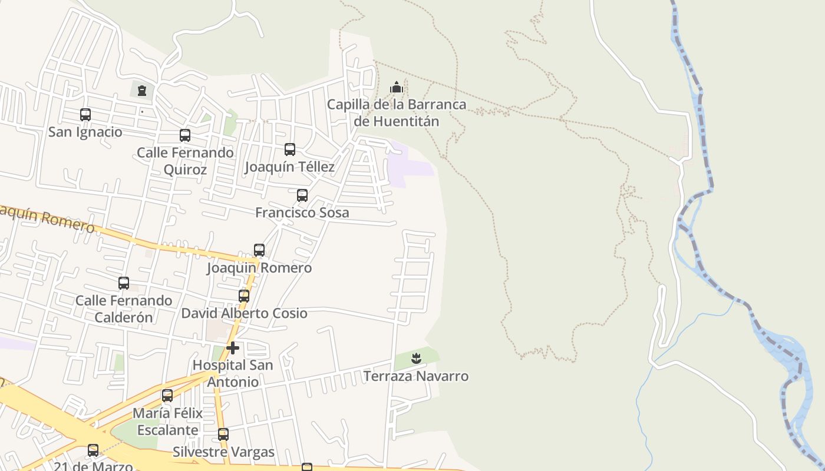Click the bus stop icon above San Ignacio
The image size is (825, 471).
(85, 115)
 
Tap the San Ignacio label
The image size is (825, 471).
(85, 132)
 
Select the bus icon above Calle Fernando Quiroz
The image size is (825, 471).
(185, 135)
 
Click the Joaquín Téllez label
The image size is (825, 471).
(289, 167)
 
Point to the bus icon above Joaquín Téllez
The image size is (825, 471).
(290, 150)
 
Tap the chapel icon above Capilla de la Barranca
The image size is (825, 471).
(397, 88)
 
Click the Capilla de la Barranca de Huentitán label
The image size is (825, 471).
(397, 113)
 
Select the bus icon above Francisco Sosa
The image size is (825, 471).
(302, 195)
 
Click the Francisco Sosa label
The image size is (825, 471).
(302, 213)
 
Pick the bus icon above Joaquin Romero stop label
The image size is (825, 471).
(259, 250)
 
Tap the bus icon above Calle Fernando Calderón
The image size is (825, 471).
(124, 283)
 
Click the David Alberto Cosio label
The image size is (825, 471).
(244, 313)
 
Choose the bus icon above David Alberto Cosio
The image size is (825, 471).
(244, 296)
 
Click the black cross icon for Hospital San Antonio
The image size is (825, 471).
(233, 348)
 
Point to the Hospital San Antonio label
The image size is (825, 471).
(233, 373)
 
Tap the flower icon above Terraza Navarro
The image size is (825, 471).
(416, 358)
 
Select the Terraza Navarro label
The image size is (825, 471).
(416, 376)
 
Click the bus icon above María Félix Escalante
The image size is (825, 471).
(167, 396)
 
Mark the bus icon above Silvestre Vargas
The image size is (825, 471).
(223, 434)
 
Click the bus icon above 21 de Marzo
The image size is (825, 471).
(93, 450)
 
